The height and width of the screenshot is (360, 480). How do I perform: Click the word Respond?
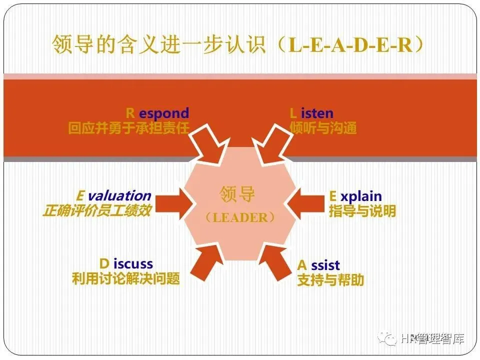point(157,113)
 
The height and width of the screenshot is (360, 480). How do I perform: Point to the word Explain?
point(355,196)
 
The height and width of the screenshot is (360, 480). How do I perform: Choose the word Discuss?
point(126,263)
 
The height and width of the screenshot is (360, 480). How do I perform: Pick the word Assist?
point(318,265)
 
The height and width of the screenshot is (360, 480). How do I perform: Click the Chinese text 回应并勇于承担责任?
point(129,128)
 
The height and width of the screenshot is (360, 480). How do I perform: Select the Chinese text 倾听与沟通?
point(323,128)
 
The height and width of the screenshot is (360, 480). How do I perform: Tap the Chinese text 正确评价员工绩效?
point(97,211)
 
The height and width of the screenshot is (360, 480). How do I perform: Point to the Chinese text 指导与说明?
point(362,211)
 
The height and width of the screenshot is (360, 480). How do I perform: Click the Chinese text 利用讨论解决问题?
point(125,278)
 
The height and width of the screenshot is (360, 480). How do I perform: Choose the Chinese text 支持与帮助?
point(330,280)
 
